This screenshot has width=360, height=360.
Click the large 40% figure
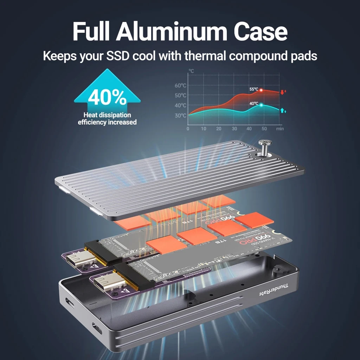(107, 98)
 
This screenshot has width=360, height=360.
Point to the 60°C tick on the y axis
(180, 85)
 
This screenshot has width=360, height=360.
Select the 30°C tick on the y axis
(180, 116)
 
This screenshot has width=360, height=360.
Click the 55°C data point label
(254, 89)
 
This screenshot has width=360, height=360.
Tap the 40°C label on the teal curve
(254, 104)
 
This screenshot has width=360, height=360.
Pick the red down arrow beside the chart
(283, 92)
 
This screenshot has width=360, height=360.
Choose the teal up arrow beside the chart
(283, 111)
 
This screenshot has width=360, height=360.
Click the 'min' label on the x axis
(280, 129)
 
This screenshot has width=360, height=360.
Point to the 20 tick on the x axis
(219, 129)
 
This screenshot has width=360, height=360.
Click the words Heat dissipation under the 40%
(107, 115)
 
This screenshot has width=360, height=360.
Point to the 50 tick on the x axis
(264, 129)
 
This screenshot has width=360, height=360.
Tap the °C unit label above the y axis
(191, 71)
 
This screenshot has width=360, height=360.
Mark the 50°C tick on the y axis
(180, 96)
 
